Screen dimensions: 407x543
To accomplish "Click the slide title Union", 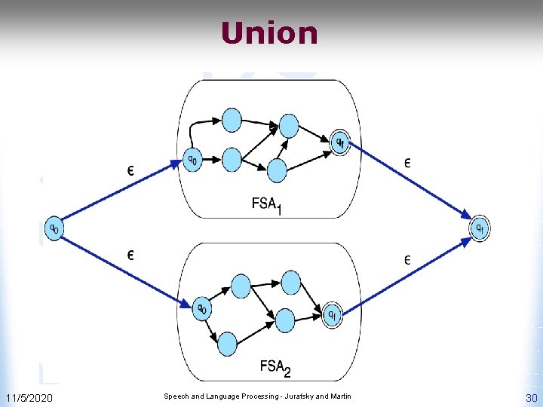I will click(x=269, y=33).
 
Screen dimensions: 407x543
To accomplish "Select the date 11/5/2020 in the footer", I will click(x=29, y=397).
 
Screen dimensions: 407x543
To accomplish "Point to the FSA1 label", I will click(x=267, y=205).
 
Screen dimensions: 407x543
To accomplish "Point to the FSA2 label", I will click(x=275, y=368).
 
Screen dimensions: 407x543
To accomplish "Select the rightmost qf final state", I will click(x=480, y=228).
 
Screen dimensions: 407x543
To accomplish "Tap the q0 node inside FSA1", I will click(x=194, y=160).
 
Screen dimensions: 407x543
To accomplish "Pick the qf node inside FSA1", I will click(x=341, y=142).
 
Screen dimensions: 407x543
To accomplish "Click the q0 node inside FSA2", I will click(x=201, y=308).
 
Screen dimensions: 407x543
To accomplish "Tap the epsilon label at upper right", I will click(x=408, y=162).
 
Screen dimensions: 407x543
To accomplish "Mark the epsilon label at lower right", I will click(x=407, y=261).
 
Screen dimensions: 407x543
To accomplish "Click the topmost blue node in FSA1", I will click(x=232, y=119).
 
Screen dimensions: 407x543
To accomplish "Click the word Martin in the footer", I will click(x=338, y=396).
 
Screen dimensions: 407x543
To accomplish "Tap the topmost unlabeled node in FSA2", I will click(x=241, y=285).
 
